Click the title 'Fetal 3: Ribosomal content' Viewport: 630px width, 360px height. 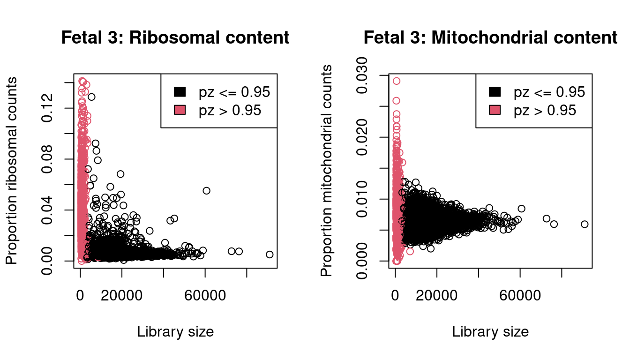(175, 38)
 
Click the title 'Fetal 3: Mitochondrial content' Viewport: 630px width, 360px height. (490, 38)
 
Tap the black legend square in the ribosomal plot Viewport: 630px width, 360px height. (180, 92)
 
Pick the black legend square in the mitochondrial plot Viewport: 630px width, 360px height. (495, 92)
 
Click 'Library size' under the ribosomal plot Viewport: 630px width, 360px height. (175, 332)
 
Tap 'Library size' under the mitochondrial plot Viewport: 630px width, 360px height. (490, 332)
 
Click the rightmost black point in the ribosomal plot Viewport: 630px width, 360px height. (270, 255)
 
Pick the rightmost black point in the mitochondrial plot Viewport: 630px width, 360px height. (585, 224)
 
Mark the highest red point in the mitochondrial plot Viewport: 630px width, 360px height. (397, 81)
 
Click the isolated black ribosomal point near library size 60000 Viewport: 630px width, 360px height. (207, 190)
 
